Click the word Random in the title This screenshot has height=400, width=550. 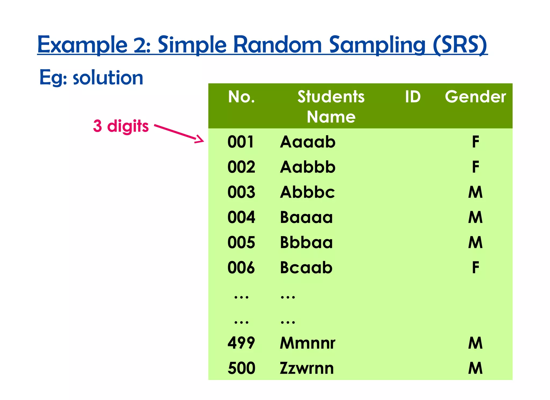pyautogui.click(x=277, y=45)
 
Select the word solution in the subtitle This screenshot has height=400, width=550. pyautogui.click(x=108, y=78)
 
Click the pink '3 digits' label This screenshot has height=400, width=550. pyautogui.click(x=121, y=126)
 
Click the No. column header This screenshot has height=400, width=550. pyautogui.click(x=241, y=97)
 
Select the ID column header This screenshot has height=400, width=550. pyautogui.click(x=413, y=97)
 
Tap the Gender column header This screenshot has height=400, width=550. pyautogui.click(x=475, y=97)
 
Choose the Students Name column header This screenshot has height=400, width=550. pyautogui.click(x=331, y=106)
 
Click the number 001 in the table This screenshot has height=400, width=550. pyautogui.click(x=241, y=142)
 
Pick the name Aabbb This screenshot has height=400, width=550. pyautogui.click(x=308, y=167)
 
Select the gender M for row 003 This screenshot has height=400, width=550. pyautogui.click(x=475, y=192)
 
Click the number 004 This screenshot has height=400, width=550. pyautogui.click(x=241, y=217)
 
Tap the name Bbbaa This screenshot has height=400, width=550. pyautogui.click(x=306, y=242)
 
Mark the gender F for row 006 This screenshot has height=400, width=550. pyautogui.click(x=475, y=268)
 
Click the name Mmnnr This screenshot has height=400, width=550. pyautogui.click(x=307, y=343)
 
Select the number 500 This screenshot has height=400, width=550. pyautogui.click(x=241, y=368)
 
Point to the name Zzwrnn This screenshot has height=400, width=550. pyautogui.click(x=307, y=368)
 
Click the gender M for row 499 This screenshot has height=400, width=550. pyautogui.click(x=475, y=343)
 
